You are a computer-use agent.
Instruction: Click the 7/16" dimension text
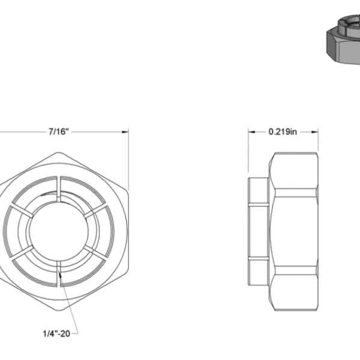point(59,132)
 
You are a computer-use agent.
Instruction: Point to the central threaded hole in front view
point(59,231)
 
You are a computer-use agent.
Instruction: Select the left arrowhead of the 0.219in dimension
point(251,132)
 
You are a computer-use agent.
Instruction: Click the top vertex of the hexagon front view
point(59,152)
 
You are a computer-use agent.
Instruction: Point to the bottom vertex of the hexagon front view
point(59,310)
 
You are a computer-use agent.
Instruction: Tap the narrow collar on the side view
point(258,231)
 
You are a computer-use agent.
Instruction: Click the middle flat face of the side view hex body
point(294,231)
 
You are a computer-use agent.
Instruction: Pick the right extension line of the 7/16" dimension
point(128,156)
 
